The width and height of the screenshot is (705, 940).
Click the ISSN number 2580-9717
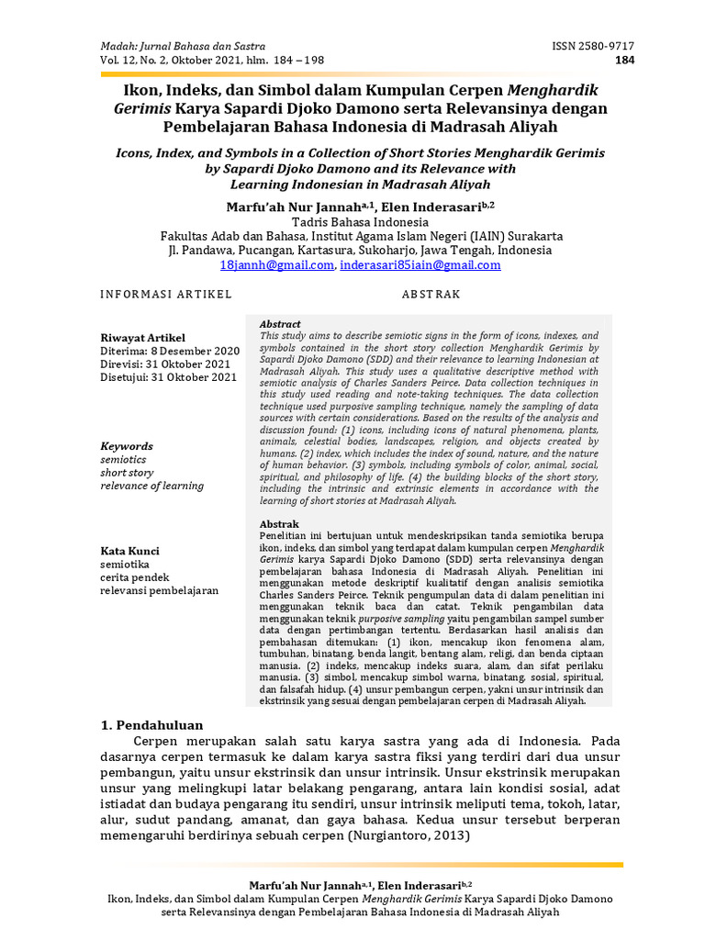pos(592,47)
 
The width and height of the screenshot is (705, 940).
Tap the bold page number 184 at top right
pos(624,62)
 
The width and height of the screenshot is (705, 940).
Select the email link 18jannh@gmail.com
pos(276,265)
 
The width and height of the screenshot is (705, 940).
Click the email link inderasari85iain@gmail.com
pos(420,265)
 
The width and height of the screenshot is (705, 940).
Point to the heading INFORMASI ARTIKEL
pos(166,295)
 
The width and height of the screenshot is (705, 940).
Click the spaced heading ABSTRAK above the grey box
pos(431,295)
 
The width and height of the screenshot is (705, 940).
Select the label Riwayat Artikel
pos(142,338)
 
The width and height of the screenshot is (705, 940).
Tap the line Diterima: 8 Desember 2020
pos(170,351)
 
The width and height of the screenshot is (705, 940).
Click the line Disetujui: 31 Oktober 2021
pos(168,377)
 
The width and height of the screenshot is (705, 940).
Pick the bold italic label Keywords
pos(127,446)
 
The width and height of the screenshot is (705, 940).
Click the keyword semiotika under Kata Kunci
pos(127,565)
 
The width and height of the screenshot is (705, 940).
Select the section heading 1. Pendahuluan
pos(151,725)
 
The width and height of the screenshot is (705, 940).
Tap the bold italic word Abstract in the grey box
pos(280,325)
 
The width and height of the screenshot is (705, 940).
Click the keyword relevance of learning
pos(152,486)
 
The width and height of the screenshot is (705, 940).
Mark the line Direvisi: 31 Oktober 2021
pos(166,364)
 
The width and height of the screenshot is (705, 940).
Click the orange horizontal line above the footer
pos(360,865)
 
